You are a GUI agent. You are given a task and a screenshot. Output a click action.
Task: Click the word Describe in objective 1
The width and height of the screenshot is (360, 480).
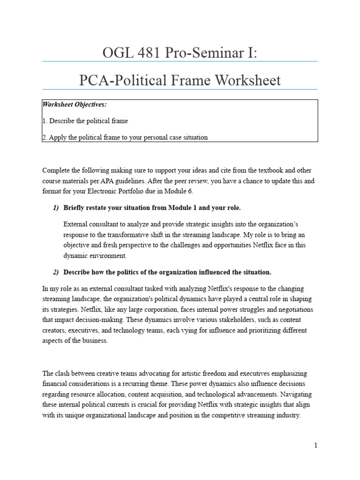(x=60, y=121)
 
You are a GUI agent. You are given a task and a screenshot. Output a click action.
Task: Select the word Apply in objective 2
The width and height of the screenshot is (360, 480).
(x=57, y=137)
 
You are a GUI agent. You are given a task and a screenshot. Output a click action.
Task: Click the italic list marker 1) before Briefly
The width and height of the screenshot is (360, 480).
(x=56, y=208)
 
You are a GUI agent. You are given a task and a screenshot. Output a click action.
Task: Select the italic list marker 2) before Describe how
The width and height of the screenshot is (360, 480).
(x=56, y=272)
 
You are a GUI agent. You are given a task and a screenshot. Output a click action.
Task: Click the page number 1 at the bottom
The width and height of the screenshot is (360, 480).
(x=316, y=445)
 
